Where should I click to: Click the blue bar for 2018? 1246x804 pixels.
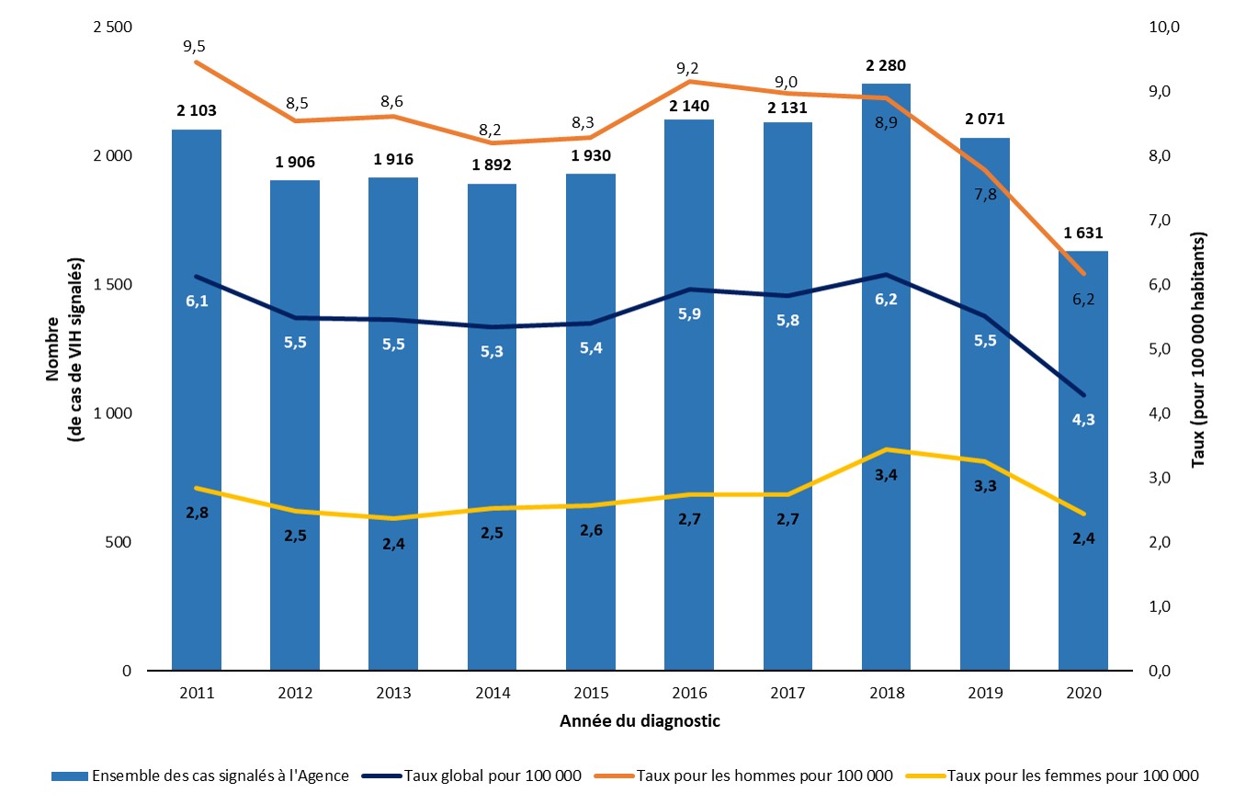pyautogui.click(x=886, y=386)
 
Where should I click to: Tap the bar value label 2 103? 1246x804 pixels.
pyautogui.click(x=197, y=111)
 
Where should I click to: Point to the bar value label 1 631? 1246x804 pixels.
pyautogui.click(x=1083, y=232)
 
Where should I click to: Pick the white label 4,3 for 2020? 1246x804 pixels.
pyautogui.click(x=1083, y=420)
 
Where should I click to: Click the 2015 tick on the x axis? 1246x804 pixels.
pyautogui.click(x=590, y=693)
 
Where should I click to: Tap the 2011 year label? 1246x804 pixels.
pyautogui.click(x=197, y=693)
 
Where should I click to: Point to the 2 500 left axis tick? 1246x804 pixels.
pyautogui.click(x=113, y=28)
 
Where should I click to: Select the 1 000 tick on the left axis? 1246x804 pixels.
pyautogui.click(x=113, y=413)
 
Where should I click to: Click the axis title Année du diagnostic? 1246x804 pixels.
pyautogui.click(x=640, y=721)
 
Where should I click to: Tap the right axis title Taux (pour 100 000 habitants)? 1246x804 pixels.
pyautogui.click(x=1198, y=349)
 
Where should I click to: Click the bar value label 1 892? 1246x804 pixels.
pyautogui.click(x=492, y=165)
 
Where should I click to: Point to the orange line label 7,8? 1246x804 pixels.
pyautogui.click(x=984, y=195)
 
